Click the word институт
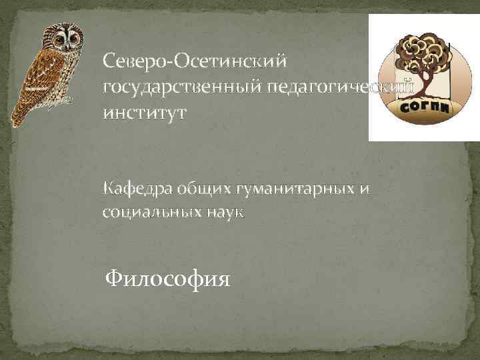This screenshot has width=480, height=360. coord(145,113)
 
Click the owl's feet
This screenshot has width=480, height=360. coord(66,101)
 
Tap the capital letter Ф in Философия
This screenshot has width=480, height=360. coord(115,276)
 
